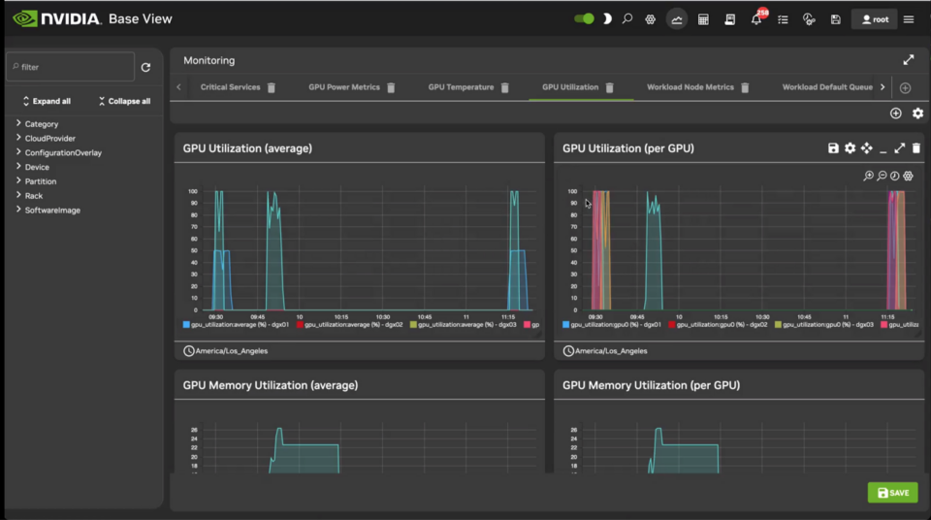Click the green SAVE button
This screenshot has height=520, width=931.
(x=892, y=493)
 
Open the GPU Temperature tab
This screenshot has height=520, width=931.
(x=461, y=87)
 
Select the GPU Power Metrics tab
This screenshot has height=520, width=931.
(x=344, y=87)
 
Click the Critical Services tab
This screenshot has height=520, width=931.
(x=230, y=87)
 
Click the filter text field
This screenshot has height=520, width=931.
(x=70, y=67)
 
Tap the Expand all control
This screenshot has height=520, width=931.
(x=47, y=101)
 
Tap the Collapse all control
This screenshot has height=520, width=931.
(x=124, y=101)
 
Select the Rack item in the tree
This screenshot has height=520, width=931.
(x=34, y=196)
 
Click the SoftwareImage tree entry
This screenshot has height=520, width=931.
(x=52, y=211)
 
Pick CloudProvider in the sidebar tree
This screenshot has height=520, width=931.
(x=49, y=139)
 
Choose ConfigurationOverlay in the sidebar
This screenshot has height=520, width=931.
(x=63, y=153)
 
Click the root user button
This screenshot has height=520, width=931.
(x=874, y=19)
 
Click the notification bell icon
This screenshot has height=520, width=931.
(x=756, y=19)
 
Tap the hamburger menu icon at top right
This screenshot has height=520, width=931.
(x=909, y=19)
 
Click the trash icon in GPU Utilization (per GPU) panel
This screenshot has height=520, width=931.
(x=916, y=148)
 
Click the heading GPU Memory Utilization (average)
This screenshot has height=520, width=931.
(x=271, y=385)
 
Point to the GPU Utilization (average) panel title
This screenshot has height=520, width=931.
(x=247, y=148)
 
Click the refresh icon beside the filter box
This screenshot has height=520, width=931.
(x=145, y=67)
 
